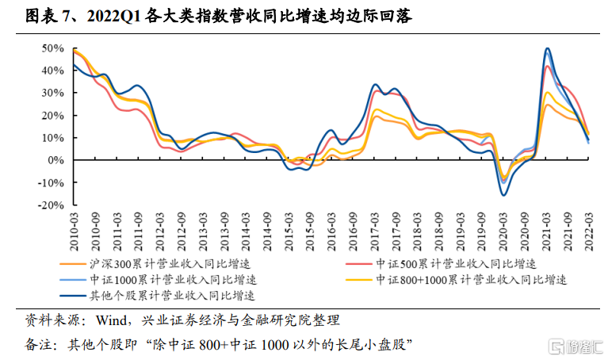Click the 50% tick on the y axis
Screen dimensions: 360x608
52,48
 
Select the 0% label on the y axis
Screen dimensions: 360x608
56,160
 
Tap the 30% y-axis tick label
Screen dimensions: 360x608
52,93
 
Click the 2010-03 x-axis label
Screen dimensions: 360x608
74,228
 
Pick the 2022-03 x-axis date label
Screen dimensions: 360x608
588,228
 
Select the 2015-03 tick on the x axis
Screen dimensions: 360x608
289,228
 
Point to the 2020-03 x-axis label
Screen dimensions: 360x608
503,228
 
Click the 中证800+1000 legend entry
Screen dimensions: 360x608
472,279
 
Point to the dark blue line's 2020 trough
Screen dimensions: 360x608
503,195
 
